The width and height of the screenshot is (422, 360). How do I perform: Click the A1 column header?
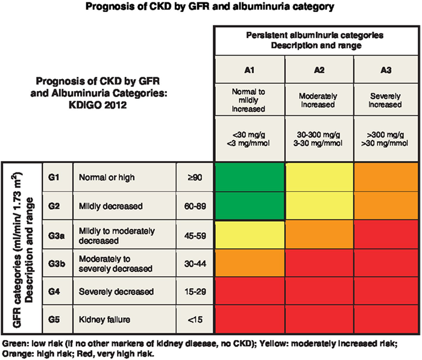pos(249,70)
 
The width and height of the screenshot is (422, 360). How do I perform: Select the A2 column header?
pos(319,70)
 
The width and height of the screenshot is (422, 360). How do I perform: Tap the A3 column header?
pos(387,70)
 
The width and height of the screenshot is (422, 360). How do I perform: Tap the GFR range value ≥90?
pos(195,178)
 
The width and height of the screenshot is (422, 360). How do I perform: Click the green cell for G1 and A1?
pos(249,178)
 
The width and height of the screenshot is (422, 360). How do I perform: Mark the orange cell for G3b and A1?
pos(249,264)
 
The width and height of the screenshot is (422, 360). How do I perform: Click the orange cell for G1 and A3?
pos(387,178)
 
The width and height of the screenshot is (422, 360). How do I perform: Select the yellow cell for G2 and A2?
pos(319,206)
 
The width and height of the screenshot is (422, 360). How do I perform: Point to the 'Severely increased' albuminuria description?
pos(387,99)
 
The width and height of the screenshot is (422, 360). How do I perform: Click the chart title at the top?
pos(210,8)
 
